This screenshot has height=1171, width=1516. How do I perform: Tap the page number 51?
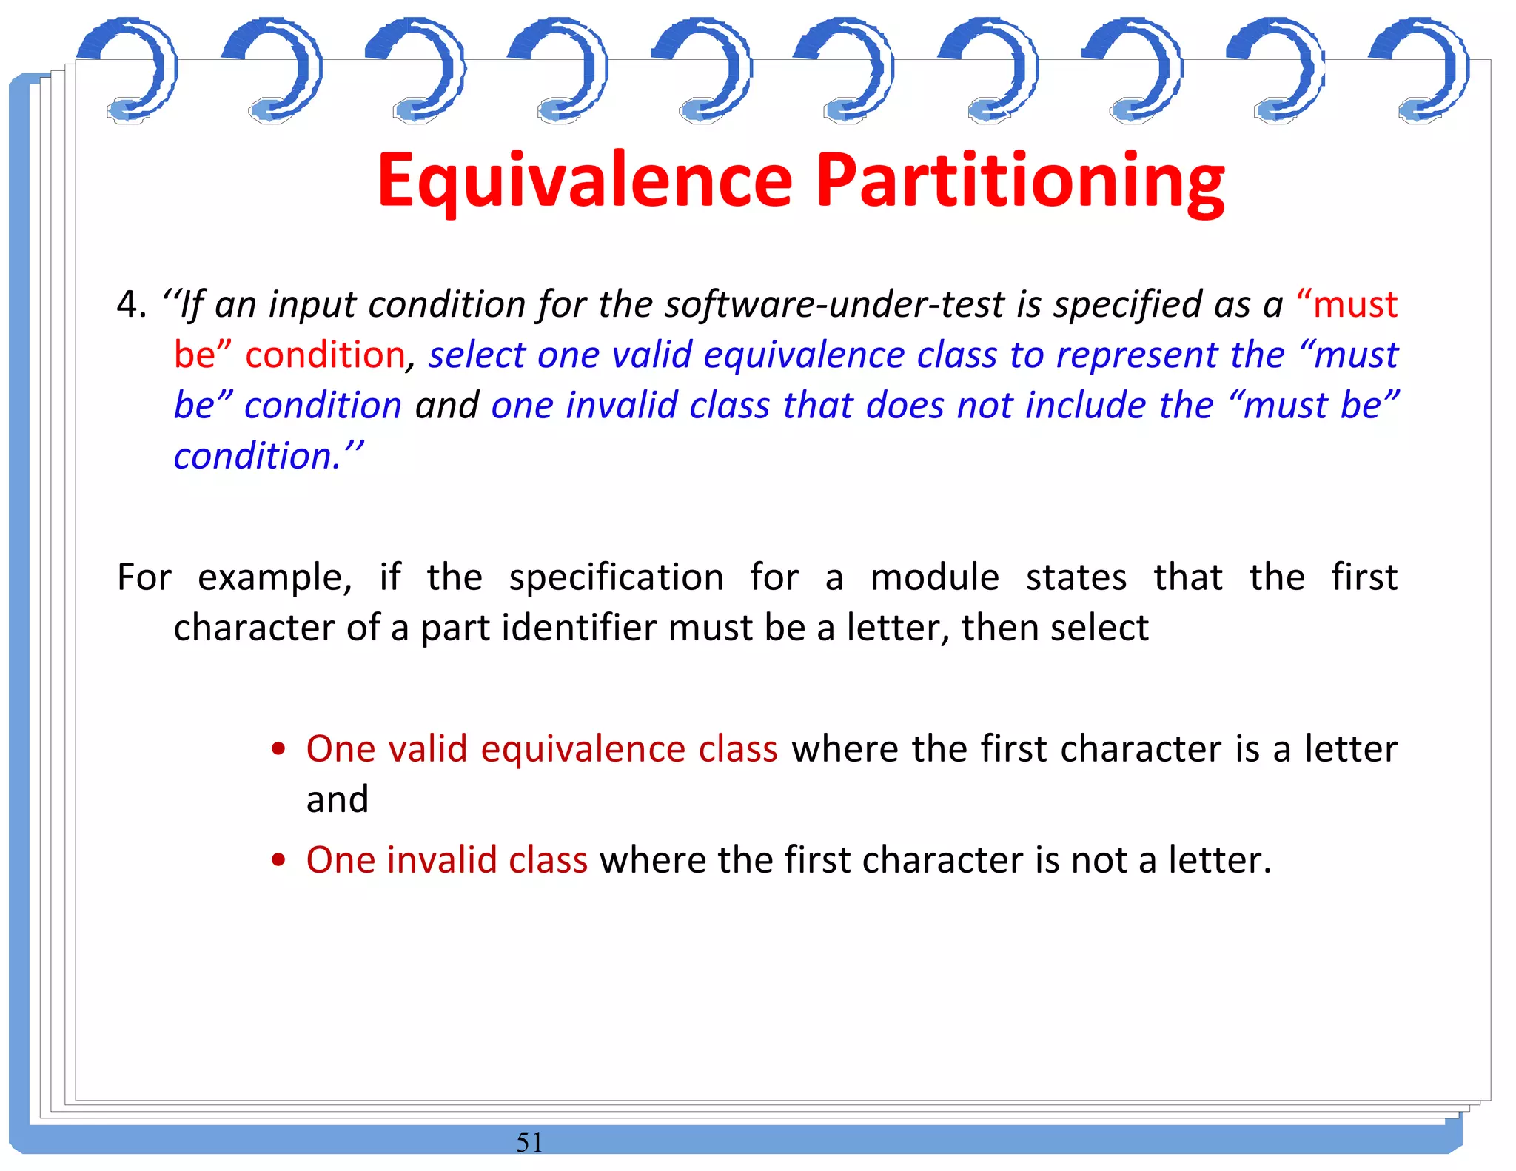(x=529, y=1142)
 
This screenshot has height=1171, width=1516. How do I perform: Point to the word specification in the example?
(x=616, y=577)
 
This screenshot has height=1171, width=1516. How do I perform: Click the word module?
(x=934, y=577)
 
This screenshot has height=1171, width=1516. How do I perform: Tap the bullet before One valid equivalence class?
(x=278, y=749)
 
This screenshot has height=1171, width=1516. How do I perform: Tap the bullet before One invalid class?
(x=278, y=860)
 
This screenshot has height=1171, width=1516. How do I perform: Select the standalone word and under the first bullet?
(x=338, y=799)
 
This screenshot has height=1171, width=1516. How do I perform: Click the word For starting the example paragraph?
(x=144, y=577)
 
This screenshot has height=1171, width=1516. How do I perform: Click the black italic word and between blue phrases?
(x=446, y=406)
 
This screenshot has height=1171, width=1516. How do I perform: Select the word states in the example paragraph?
(x=1076, y=577)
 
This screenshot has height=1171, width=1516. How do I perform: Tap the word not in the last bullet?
(x=1099, y=860)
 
